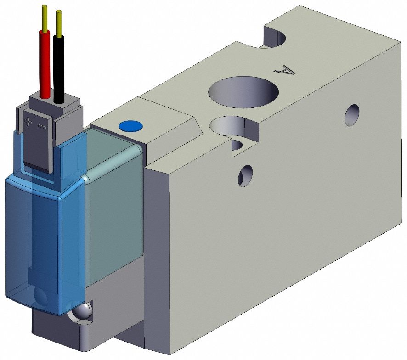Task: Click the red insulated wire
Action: [x=45, y=64]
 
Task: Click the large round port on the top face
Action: [x=243, y=92]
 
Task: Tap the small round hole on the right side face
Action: [x=352, y=115]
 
